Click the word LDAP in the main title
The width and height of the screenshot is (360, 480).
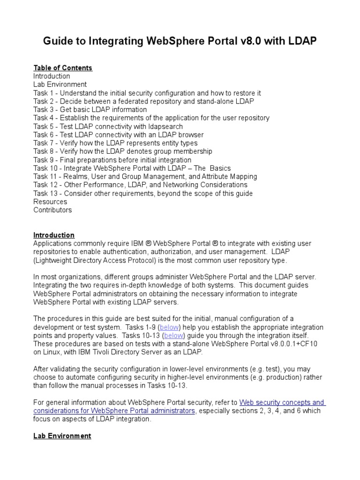click(x=302, y=42)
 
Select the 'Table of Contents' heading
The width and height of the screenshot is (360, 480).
click(x=63, y=68)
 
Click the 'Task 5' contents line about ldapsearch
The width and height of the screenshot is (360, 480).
click(x=108, y=127)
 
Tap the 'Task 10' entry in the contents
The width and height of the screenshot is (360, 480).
click(x=132, y=168)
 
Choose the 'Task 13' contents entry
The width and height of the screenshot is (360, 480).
click(x=142, y=193)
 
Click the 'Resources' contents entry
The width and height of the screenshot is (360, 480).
click(x=50, y=202)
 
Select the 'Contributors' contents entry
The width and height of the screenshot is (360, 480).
click(x=52, y=210)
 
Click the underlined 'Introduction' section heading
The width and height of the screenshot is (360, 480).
click(x=53, y=235)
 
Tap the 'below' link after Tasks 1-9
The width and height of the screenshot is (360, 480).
click(x=169, y=327)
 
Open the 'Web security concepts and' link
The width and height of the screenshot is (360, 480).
click(x=282, y=403)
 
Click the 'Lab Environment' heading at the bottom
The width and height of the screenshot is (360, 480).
click(x=62, y=436)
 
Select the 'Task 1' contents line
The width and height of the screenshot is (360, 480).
click(x=147, y=93)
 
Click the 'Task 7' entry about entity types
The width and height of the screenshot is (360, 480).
click(x=115, y=143)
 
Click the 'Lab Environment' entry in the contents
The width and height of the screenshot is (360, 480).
click(x=60, y=84)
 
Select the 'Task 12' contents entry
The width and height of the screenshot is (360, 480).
click(x=140, y=185)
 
